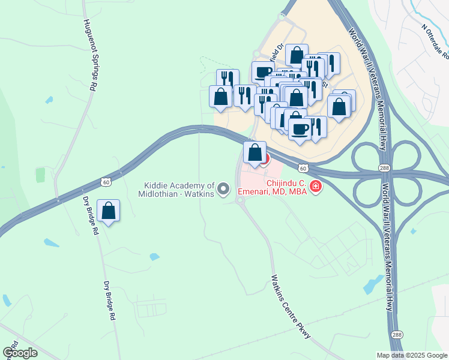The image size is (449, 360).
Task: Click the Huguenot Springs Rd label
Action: click(x=89, y=53)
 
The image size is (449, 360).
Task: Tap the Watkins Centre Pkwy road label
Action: click(x=291, y=306)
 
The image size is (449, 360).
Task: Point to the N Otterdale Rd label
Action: click(x=435, y=41)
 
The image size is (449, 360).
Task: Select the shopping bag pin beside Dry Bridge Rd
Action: click(x=108, y=211)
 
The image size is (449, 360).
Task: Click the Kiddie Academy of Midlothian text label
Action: click(x=179, y=190)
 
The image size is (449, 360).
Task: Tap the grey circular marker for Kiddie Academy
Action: click(x=224, y=190)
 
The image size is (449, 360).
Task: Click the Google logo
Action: click(x=20, y=352)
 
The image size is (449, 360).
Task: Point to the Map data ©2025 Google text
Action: click(x=412, y=355)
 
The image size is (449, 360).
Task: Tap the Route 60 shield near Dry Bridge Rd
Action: click(x=106, y=181)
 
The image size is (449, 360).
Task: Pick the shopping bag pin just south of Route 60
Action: click(x=255, y=152)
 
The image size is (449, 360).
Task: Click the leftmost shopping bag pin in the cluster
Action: click(x=220, y=97)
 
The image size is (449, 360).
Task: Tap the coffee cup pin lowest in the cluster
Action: click(x=300, y=128)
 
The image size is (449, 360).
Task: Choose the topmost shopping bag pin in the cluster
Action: click(x=297, y=55)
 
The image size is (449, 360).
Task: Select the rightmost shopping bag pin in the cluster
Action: click(x=339, y=107)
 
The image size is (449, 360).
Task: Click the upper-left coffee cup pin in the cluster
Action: click(x=263, y=72)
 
